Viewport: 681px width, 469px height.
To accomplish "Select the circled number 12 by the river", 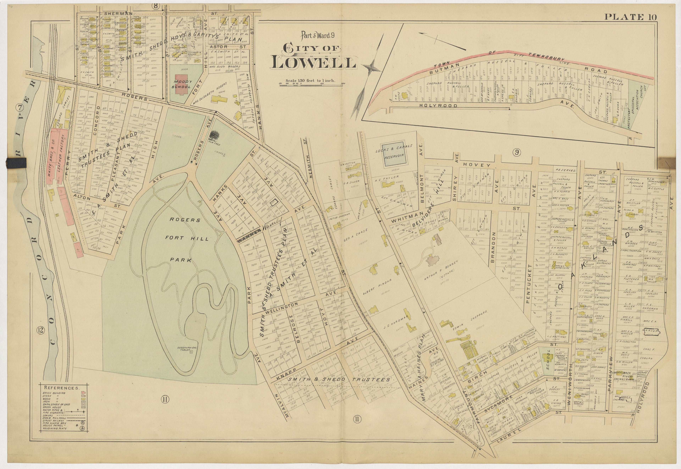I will pos(40,331).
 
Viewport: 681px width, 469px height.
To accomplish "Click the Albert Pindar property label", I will pos(369,285).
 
